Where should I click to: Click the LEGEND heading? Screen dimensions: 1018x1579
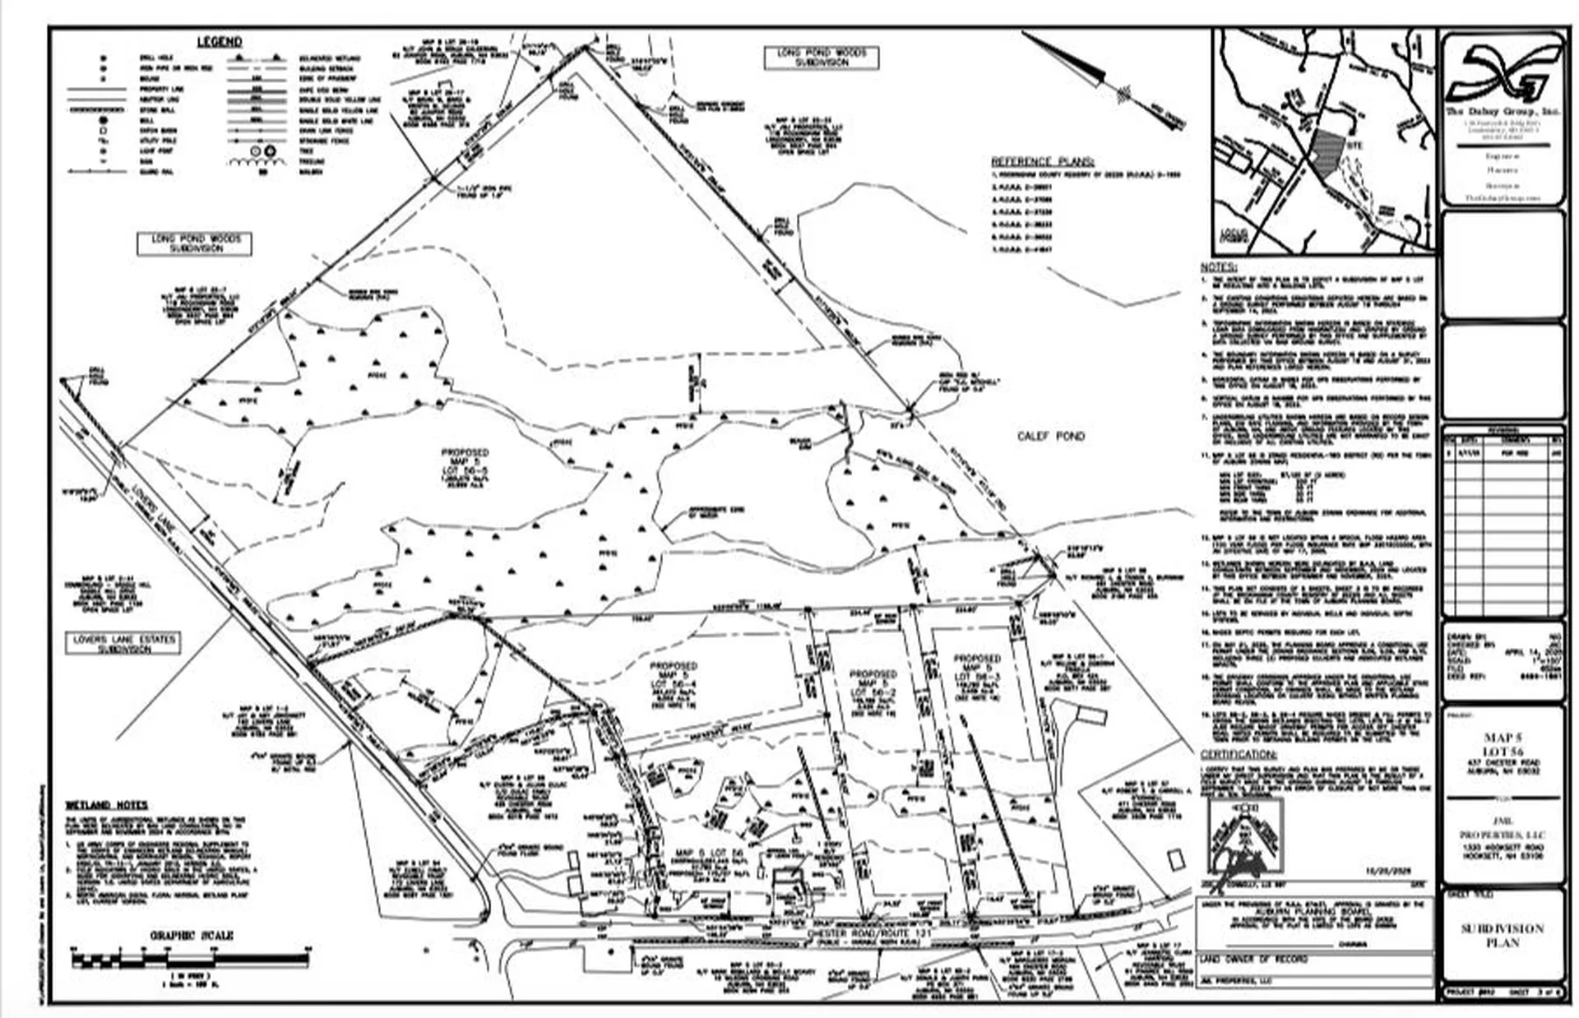[x=219, y=42]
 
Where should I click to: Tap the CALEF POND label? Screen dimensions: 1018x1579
[x=1051, y=437]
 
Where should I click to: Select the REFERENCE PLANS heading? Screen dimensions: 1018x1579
[x=1043, y=162]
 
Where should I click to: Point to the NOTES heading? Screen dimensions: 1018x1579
[x=1218, y=268]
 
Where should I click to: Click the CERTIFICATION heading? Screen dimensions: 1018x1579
[x=1238, y=755]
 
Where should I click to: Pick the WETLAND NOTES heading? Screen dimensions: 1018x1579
[x=107, y=805]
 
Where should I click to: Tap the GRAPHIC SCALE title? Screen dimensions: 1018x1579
[x=192, y=935]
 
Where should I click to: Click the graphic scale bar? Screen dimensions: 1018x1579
[x=189, y=959]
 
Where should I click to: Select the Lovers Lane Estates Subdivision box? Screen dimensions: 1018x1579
[x=124, y=643]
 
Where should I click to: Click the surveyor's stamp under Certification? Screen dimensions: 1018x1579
[x=1246, y=836]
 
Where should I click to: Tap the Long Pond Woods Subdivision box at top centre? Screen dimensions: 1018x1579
[x=822, y=58]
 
